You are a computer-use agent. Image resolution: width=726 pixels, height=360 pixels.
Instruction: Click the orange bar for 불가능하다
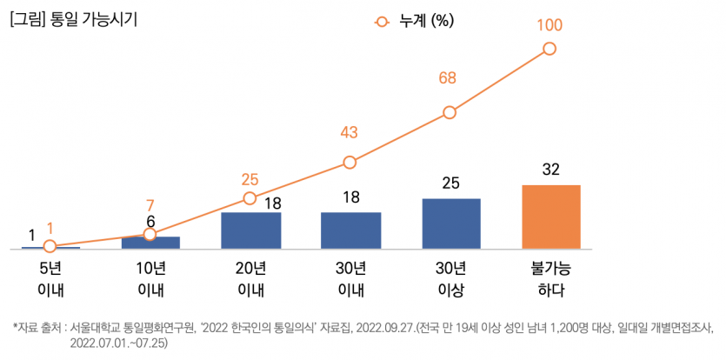(x=550, y=217)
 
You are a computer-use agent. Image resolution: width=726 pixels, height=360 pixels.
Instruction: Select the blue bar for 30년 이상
(x=450, y=223)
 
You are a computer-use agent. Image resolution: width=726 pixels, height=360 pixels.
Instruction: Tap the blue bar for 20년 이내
(x=250, y=230)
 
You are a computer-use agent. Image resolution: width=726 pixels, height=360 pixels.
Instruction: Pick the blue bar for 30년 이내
(x=350, y=230)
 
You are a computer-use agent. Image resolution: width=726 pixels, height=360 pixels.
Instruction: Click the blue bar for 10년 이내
(x=150, y=243)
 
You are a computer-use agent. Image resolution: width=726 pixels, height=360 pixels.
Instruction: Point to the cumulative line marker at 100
(x=549, y=50)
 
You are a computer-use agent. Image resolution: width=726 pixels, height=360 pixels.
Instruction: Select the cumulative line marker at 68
(x=450, y=112)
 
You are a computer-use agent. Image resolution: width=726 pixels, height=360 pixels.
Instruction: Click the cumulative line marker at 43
(x=350, y=162)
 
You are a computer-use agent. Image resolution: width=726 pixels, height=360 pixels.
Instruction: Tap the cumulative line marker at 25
(x=250, y=198)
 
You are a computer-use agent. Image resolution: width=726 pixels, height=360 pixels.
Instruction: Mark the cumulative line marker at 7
(x=150, y=234)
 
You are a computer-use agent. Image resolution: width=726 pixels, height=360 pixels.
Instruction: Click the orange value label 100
(x=549, y=25)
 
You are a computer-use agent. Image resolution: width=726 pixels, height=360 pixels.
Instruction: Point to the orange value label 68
(x=448, y=79)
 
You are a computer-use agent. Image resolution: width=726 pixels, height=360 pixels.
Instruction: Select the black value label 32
(x=550, y=170)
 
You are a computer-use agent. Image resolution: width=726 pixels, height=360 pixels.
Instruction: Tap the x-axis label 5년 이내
(x=50, y=277)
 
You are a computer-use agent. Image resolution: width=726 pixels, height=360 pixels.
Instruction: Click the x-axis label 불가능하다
(x=550, y=277)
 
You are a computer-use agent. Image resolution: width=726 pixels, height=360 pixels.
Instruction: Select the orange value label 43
(x=349, y=132)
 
